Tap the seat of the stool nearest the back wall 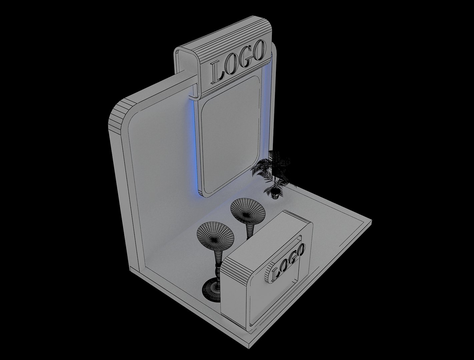coord(248,210)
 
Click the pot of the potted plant coord(275,194)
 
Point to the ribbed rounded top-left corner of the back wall coord(118,113)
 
